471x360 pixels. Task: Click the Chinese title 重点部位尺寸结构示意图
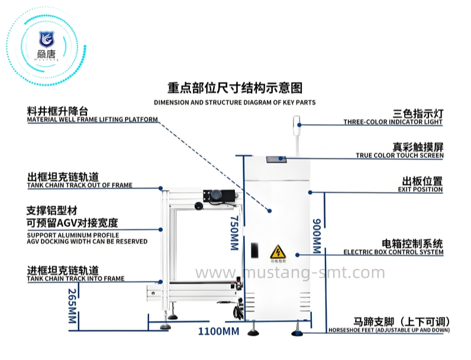click(x=235, y=88)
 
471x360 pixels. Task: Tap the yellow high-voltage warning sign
click(x=278, y=251)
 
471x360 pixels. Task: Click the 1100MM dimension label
click(x=218, y=330)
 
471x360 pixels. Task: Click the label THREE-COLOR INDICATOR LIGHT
click(x=393, y=122)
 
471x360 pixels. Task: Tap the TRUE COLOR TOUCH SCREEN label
click(x=399, y=155)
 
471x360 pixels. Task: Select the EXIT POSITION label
click(x=420, y=190)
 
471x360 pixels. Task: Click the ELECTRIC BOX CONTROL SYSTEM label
click(x=393, y=252)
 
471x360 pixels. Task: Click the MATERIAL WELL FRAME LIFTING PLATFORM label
click(x=92, y=120)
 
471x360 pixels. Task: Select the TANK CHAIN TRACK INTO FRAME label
click(x=76, y=278)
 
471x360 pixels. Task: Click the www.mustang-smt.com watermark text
click(x=290, y=273)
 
